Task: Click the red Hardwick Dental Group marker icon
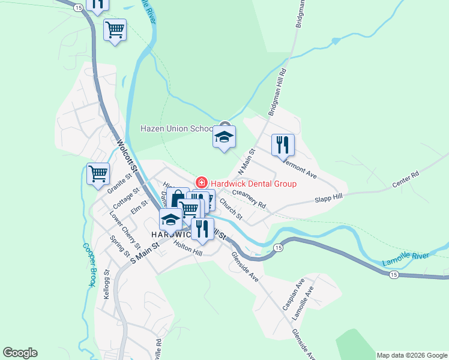click(202, 183)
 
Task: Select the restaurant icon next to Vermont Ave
click(283, 145)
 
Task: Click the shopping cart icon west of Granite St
click(98, 174)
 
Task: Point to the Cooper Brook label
click(89, 264)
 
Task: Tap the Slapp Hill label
click(329, 197)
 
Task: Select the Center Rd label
click(405, 178)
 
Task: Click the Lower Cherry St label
click(125, 230)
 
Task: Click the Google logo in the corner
click(20, 353)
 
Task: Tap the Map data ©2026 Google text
click(412, 355)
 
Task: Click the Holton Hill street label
click(188, 248)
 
